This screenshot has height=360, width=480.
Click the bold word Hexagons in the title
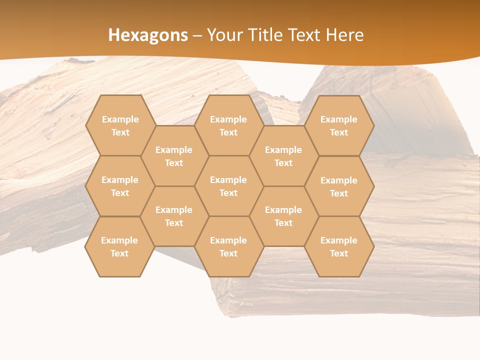coord(148,35)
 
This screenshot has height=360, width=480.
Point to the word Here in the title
coord(344,35)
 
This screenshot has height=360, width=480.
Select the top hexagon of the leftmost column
coord(120,125)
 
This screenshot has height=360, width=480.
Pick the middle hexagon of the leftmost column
coord(120,186)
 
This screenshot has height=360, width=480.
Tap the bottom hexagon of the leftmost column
coord(119,246)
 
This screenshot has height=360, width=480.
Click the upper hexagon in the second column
coord(174,156)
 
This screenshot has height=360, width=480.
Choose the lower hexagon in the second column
coord(174,216)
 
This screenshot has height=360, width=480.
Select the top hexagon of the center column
coord(228,125)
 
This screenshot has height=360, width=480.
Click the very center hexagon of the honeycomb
coord(228,186)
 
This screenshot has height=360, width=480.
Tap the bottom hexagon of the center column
coord(228,246)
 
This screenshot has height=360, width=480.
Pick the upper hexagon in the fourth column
coord(283,156)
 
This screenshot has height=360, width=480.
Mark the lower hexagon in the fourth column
coord(283,216)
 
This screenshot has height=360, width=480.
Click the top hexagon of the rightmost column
coord(339,125)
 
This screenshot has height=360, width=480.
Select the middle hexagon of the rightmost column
coord(339,186)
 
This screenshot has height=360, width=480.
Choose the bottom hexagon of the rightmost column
coord(339,246)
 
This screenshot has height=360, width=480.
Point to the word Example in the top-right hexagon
coord(339,119)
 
